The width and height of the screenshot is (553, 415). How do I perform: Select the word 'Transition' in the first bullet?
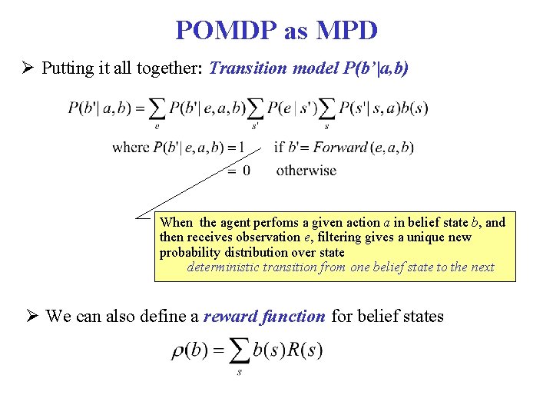(x=245, y=68)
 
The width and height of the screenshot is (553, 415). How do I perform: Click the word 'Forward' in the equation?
(x=340, y=147)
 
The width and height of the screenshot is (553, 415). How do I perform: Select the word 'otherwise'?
(x=306, y=170)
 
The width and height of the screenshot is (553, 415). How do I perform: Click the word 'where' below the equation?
(x=131, y=147)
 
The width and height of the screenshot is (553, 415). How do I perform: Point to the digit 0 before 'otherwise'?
(x=246, y=170)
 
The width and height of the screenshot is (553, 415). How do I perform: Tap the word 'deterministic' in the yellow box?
(x=223, y=267)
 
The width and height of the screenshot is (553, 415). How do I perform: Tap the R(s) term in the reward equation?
(x=304, y=351)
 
